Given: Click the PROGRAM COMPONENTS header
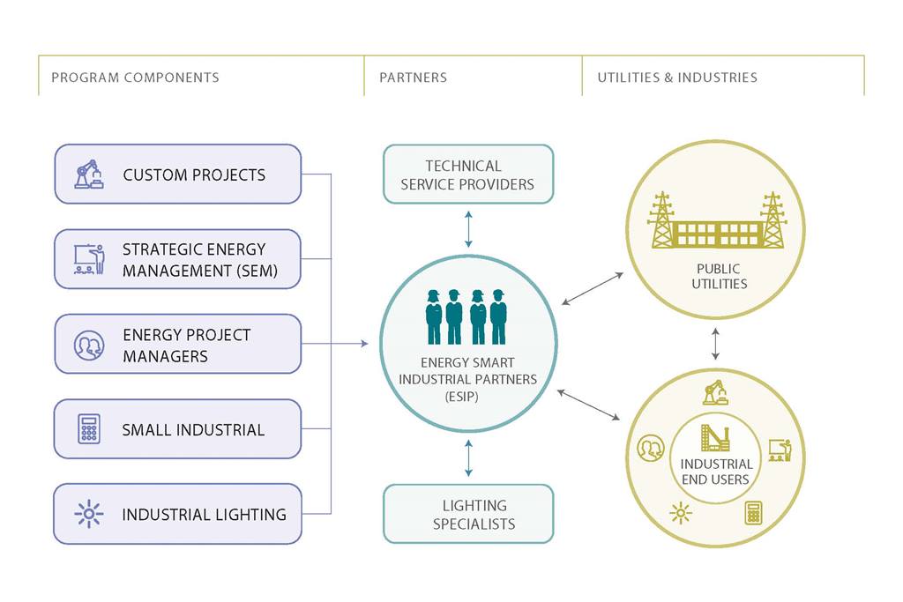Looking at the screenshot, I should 135,78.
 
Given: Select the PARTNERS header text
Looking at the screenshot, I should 413,78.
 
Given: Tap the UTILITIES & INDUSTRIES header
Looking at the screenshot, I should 676,78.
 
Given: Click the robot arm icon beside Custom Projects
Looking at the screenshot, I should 88,175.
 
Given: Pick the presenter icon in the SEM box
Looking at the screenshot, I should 88,259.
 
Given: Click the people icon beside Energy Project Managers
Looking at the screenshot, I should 88,345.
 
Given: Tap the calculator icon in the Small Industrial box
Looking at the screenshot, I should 88,429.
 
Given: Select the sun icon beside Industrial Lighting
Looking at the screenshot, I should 88,514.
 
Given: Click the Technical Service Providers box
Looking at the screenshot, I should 467,175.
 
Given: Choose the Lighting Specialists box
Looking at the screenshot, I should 467,514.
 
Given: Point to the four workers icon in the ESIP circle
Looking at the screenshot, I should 466,316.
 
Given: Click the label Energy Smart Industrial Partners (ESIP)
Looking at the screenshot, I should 467,379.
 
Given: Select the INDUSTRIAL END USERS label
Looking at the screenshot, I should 715,472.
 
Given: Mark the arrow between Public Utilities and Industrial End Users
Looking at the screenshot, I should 715,343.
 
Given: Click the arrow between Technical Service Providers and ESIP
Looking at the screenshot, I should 468,229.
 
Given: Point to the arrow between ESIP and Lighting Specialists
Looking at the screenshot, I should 468,458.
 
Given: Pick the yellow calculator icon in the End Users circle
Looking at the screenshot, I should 753,512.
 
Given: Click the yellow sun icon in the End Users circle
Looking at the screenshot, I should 680,513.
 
